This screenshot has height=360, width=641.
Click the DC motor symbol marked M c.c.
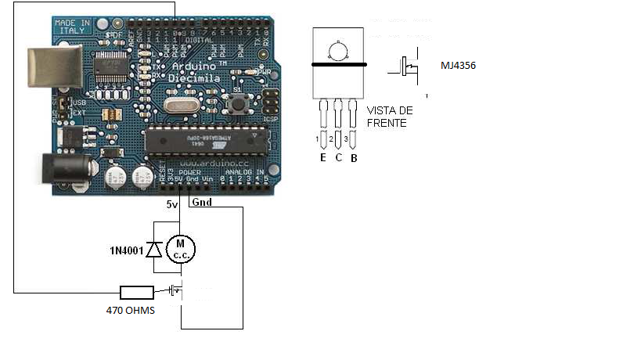tap(181, 250)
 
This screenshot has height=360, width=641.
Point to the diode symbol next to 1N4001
tap(155, 250)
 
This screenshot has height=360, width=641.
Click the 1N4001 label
tap(125, 251)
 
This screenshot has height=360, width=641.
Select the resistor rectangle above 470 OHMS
tap(136, 293)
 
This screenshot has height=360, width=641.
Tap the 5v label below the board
tap(172, 204)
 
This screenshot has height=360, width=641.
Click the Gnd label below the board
tap(201, 202)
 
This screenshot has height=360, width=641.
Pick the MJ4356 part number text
tap(459, 67)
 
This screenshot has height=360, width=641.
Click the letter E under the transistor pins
tap(322, 158)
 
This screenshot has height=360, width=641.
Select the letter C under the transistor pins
tap(338, 158)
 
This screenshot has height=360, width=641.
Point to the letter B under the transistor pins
tap(354, 158)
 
